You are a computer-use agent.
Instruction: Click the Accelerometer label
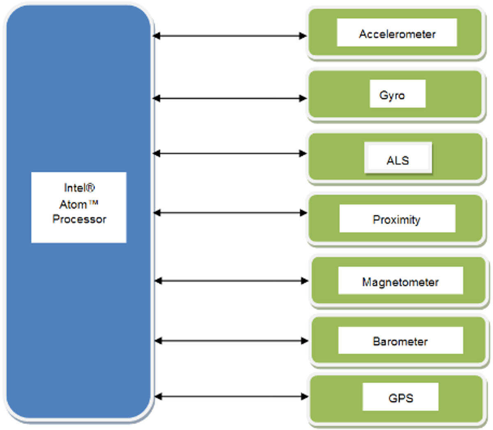click(397, 34)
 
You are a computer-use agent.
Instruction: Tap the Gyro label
click(392, 95)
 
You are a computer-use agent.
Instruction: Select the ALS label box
click(398, 160)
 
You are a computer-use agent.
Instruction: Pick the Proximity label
click(396, 219)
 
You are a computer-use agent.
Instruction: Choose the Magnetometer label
click(400, 282)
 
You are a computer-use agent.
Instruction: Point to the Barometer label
click(400, 341)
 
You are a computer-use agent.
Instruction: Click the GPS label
click(401, 398)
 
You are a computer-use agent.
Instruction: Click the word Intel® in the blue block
click(79, 188)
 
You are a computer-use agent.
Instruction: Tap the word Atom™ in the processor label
click(78, 204)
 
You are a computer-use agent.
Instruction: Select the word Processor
click(79, 219)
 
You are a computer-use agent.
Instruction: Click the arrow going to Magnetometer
click(231, 281)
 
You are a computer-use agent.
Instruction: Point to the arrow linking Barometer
click(231, 340)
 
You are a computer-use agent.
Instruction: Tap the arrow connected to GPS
click(231, 396)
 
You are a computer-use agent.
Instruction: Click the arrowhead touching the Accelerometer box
click(303, 36)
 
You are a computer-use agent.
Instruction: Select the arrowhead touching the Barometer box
click(304, 340)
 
